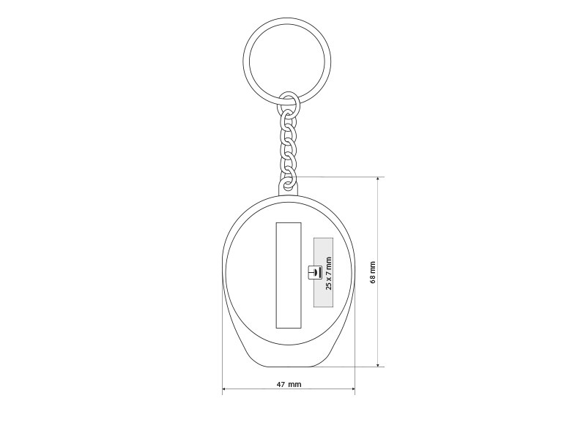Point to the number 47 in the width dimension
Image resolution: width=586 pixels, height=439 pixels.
coord(281,383)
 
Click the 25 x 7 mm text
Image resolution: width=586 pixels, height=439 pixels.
coord(328,273)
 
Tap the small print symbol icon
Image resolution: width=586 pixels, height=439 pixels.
coord(314,272)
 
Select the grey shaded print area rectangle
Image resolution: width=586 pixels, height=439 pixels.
coord(323,272)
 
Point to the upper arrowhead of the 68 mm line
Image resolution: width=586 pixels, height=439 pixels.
coord(378,179)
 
